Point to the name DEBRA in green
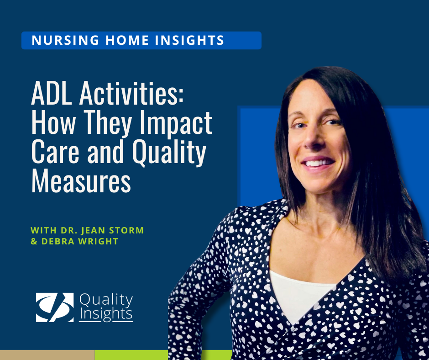click(57, 241)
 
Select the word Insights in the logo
click(106, 314)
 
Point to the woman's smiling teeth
click(319, 162)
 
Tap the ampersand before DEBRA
click(34, 241)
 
